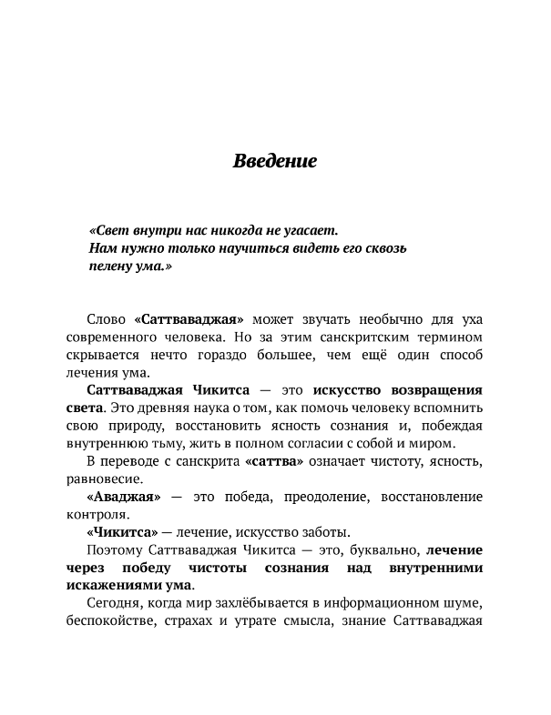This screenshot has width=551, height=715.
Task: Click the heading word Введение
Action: coord(274,163)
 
